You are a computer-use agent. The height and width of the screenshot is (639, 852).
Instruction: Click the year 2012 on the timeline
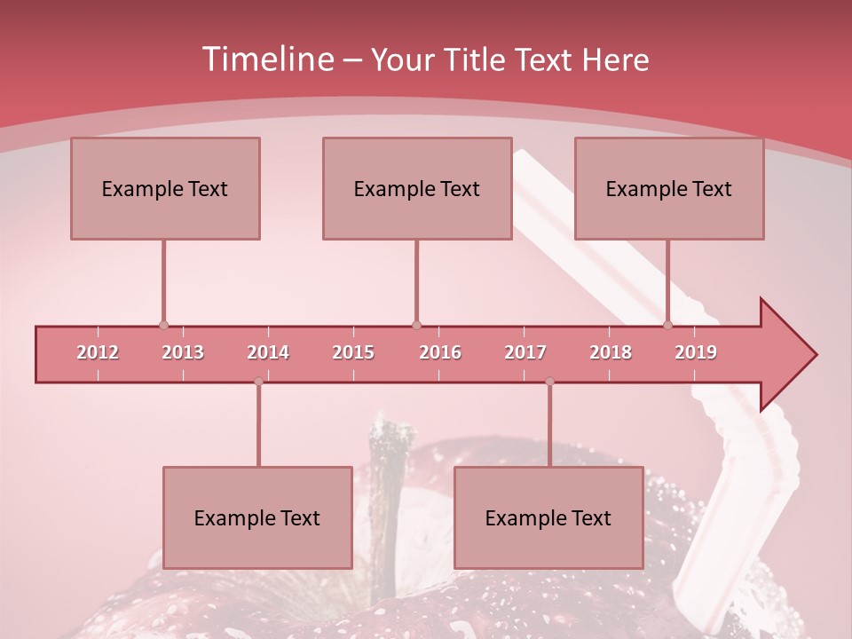[x=98, y=352]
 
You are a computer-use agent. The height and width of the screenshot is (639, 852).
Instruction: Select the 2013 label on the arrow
[x=183, y=352]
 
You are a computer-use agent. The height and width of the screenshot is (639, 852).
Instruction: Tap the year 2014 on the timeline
[x=268, y=352]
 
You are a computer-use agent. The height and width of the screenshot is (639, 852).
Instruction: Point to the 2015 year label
[x=353, y=352]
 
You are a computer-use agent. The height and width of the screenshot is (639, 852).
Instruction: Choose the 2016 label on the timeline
[x=440, y=352]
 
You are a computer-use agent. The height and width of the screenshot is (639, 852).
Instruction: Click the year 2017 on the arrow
[x=525, y=352]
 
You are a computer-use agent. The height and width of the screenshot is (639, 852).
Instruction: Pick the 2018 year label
[x=611, y=352]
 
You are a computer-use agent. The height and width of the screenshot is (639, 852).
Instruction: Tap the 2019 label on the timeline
[x=696, y=352]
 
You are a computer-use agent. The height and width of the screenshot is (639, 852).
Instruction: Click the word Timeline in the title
[x=265, y=59]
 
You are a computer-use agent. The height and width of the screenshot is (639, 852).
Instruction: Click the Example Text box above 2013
[x=165, y=188]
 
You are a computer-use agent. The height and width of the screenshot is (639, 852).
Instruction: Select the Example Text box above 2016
[x=417, y=188]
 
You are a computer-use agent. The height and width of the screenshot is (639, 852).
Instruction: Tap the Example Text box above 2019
[x=669, y=188]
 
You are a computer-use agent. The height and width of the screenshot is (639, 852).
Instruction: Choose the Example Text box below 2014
[x=257, y=517]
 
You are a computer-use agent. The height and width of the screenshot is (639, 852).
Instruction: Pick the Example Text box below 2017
[x=548, y=517]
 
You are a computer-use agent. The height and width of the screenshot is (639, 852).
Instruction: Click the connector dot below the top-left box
[x=163, y=326]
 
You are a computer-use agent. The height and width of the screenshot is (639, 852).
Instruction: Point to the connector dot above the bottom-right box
[x=549, y=382]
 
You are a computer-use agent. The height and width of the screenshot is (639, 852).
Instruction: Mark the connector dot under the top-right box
[x=668, y=326]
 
